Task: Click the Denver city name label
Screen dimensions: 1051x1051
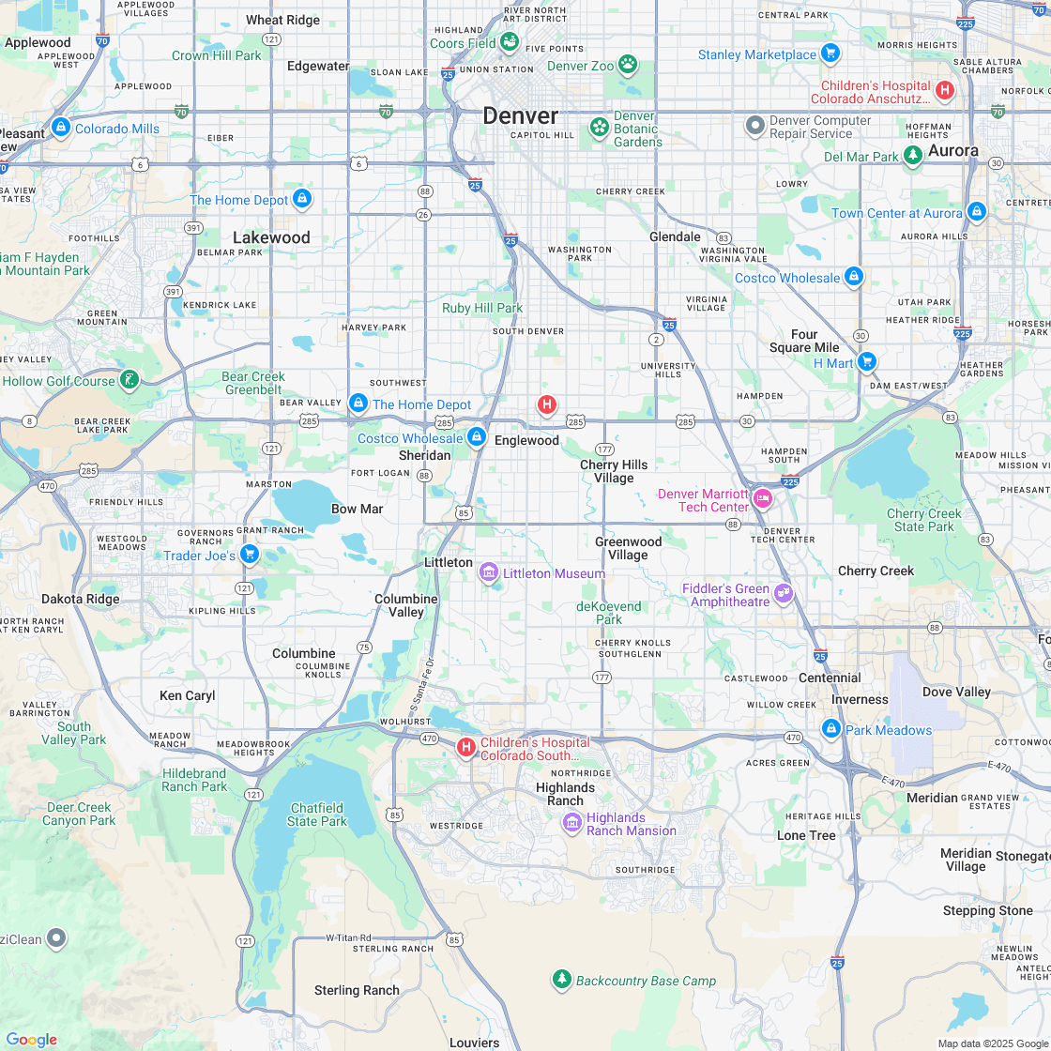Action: point(520,116)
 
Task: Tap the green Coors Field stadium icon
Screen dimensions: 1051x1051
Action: point(510,42)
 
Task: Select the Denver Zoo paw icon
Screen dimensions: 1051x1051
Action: point(628,65)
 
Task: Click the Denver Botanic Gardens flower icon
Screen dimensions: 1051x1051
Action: point(599,126)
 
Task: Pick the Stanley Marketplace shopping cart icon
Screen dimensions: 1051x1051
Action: point(829,53)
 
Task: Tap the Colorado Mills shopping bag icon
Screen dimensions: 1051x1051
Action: point(61,127)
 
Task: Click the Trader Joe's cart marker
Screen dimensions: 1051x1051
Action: point(249,554)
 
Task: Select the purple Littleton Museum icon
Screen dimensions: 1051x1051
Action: point(488,572)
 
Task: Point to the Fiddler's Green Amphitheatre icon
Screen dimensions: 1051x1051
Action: point(784,593)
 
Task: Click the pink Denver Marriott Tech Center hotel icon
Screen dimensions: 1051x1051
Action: point(763,498)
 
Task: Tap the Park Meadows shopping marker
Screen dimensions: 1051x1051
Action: point(830,728)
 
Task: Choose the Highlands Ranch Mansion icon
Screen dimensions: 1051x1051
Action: point(571,823)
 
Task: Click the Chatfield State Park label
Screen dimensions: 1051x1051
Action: point(317,815)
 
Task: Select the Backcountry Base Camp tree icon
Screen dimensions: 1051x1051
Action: point(561,980)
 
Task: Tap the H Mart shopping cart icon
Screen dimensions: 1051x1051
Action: point(866,361)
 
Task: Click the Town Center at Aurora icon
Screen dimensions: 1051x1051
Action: point(977,212)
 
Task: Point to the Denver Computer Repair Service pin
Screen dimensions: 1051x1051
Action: point(755,126)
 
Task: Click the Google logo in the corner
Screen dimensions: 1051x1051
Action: point(31,1039)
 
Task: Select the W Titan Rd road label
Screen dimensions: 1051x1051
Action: point(349,937)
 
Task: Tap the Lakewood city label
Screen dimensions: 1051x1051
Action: point(271,237)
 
